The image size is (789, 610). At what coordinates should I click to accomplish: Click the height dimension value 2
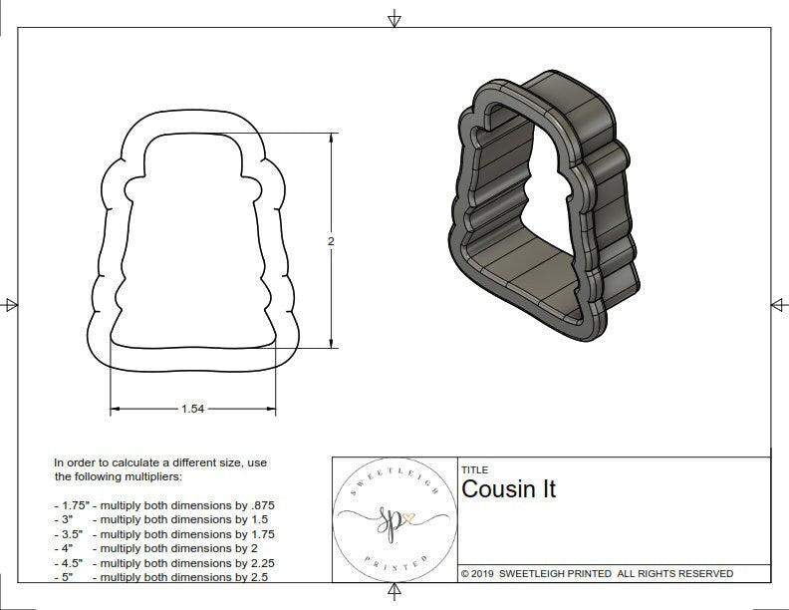tap(331, 241)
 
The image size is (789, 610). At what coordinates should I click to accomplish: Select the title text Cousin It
tap(508, 489)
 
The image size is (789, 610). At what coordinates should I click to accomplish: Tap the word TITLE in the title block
tap(474, 469)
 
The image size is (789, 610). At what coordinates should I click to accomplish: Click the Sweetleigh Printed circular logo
tap(394, 519)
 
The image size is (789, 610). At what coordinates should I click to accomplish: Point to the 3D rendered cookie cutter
tap(543, 209)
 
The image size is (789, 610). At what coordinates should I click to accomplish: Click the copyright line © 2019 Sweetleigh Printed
tap(597, 573)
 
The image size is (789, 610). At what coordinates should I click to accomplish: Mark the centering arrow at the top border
tap(394, 18)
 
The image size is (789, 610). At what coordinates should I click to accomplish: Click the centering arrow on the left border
tap(11, 305)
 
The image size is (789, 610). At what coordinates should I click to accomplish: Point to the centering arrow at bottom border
tap(394, 593)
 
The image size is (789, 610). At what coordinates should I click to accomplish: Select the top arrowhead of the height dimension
tap(331, 141)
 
